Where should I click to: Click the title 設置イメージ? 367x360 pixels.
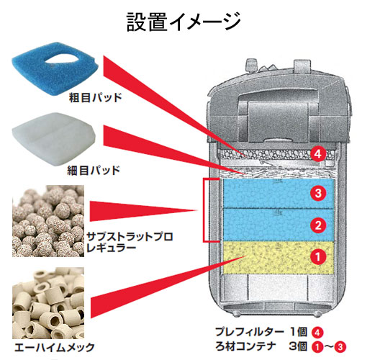tap(183, 22)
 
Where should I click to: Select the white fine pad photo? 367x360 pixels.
tap(53, 138)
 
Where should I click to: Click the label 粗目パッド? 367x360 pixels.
tap(95, 98)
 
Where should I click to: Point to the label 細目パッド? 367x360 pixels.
tap(94, 170)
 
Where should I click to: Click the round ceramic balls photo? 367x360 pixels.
tap(48, 221)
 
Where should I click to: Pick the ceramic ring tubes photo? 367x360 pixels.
tap(48, 303)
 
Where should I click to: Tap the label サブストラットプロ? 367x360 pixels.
tap(130, 237)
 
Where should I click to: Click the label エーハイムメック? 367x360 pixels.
tap(55, 347)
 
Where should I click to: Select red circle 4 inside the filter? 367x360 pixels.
tap(318, 154)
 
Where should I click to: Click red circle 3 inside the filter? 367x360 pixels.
tap(318, 193)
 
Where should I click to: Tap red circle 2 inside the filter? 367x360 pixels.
tap(318, 225)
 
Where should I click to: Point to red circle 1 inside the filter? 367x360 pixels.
tap(318, 257)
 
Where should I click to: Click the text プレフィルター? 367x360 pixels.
tap(250, 332)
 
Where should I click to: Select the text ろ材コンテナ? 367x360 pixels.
tap(245, 346)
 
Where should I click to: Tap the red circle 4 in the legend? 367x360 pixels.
tap(317, 333)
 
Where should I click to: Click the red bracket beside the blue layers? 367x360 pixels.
tap(204, 210)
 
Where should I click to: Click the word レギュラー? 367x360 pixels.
tap(112, 248)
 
